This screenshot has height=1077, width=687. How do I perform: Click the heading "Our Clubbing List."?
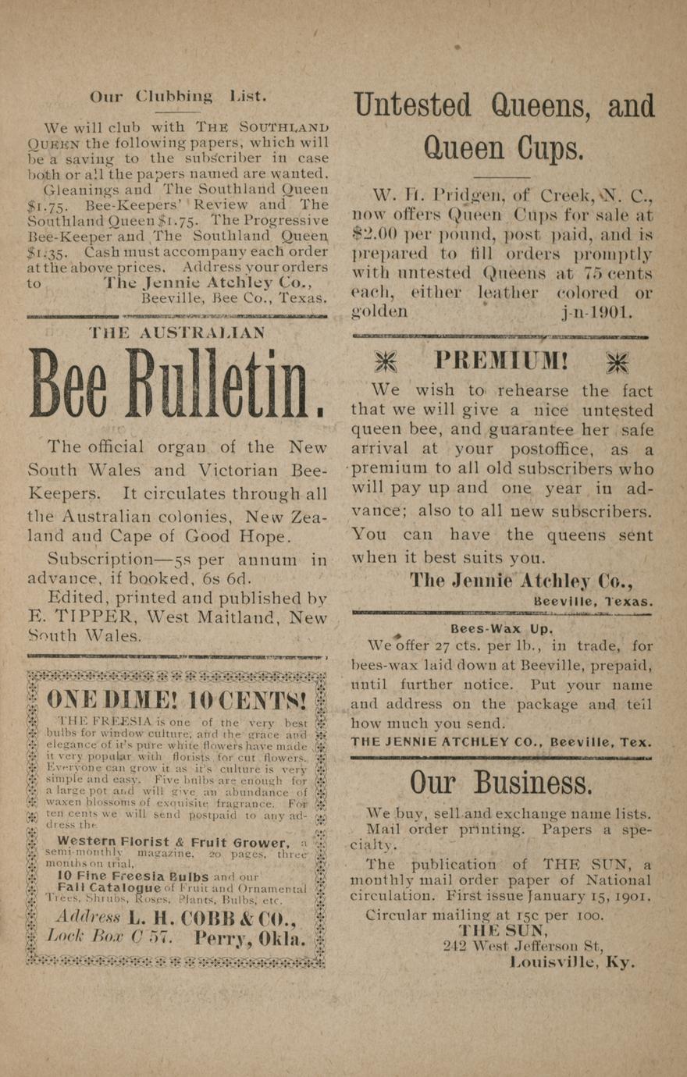tap(178, 97)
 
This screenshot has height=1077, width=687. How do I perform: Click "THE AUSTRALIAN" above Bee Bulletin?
tap(176, 332)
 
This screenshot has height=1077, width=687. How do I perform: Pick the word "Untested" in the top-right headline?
tap(412, 106)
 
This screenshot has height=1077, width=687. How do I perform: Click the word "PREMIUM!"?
tap(501, 361)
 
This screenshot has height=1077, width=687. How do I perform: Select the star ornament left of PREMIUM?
tap(385, 361)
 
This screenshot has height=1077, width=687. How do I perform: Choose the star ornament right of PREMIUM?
tap(618, 361)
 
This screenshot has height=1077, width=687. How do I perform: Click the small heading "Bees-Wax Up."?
tap(501, 629)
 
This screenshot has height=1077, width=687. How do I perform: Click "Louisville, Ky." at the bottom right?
tap(571, 962)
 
